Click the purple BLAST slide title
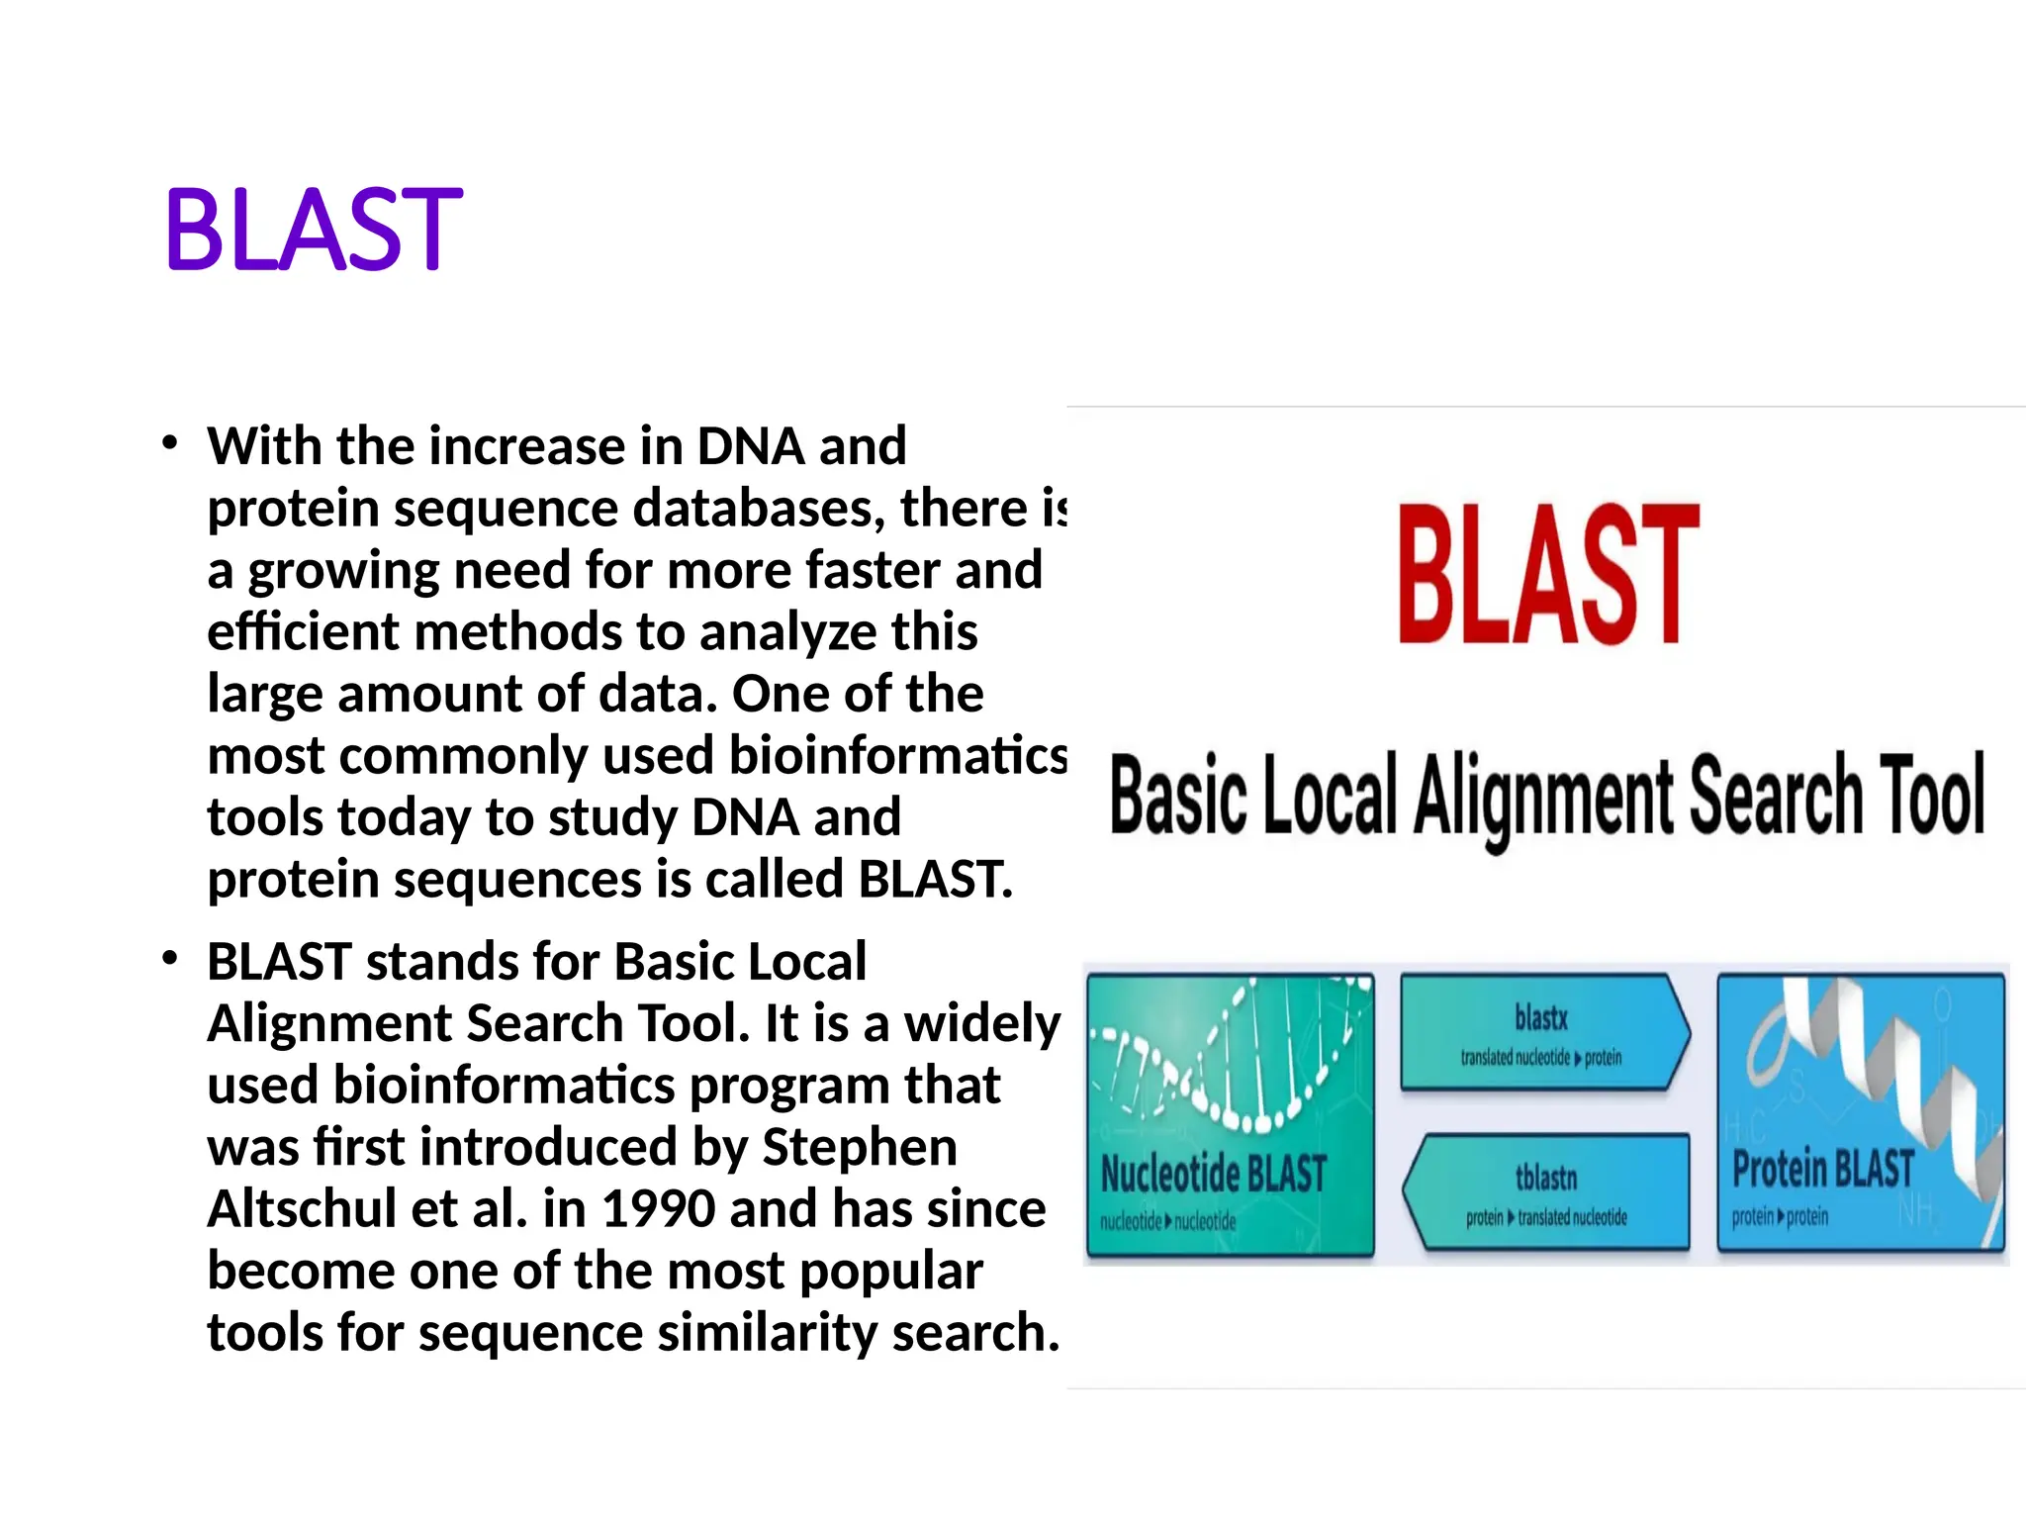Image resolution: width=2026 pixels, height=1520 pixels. [314, 230]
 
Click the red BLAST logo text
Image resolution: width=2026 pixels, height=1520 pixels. [1548, 574]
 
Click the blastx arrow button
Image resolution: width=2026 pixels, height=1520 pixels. [1543, 1031]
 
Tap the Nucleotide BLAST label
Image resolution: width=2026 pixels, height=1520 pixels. [1213, 1175]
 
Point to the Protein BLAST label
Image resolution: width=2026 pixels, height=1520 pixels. [1822, 1169]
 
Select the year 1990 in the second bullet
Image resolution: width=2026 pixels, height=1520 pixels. [658, 1209]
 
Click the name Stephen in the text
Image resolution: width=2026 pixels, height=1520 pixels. [859, 1148]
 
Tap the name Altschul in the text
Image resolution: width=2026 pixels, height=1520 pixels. [301, 1209]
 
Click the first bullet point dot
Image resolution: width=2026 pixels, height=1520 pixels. [170, 443]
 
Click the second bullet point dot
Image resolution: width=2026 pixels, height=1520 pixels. [170, 958]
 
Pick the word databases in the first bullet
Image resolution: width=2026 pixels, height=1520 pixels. [758, 509]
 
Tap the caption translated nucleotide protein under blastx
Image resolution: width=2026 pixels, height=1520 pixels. [1540, 1058]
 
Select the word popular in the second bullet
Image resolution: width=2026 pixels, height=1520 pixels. [890, 1272]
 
